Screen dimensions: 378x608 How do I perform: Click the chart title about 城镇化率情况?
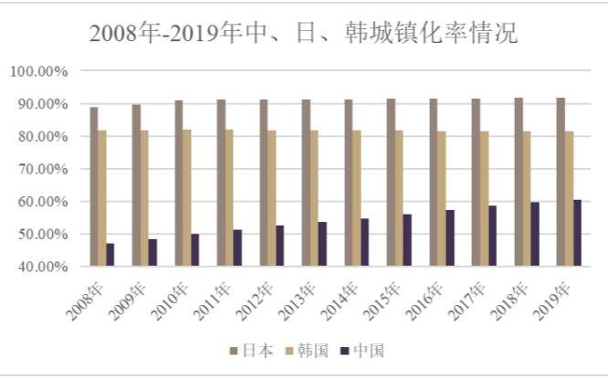[303, 34]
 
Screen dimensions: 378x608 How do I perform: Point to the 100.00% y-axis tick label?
[39, 71]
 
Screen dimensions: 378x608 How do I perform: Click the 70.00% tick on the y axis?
[41, 169]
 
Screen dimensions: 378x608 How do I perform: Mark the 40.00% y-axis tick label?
[41, 267]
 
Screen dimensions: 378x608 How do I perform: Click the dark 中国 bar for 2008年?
[110, 255]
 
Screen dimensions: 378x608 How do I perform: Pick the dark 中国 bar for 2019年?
[577, 233]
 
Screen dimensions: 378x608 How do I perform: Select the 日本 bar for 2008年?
[93, 186]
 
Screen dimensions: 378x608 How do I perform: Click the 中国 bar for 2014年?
[365, 242]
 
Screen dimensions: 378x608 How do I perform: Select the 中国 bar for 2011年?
[237, 247]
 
